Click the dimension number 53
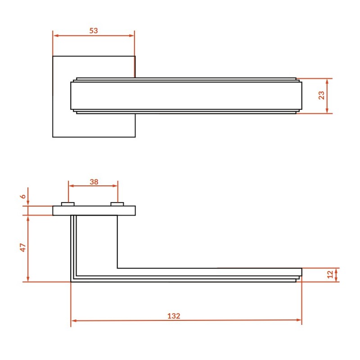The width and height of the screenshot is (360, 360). (94, 31)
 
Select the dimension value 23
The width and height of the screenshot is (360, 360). (321, 95)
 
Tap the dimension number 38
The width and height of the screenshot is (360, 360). (94, 182)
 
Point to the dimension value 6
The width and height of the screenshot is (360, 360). (23, 196)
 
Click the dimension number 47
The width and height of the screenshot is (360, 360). (23, 247)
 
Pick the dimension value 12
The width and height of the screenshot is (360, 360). (330, 274)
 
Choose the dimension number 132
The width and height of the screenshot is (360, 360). (174, 316)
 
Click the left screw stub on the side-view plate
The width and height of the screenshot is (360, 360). (68, 204)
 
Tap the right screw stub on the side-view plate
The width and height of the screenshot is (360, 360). (117, 204)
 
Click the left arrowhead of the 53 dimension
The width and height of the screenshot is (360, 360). (55, 36)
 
